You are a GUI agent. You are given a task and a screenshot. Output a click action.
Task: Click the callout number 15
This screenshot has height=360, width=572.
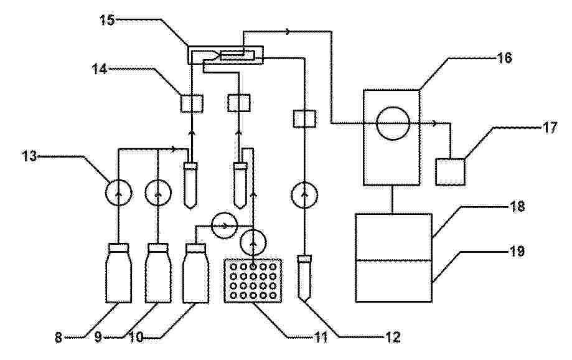(108, 20)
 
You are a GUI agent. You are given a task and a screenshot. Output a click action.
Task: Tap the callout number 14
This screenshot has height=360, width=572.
(99, 69)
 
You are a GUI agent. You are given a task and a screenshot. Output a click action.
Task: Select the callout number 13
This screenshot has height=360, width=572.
(29, 156)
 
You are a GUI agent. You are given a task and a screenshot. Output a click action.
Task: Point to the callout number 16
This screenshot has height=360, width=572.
(505, 58)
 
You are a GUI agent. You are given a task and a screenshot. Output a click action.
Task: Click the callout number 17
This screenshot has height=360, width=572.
(550, 128)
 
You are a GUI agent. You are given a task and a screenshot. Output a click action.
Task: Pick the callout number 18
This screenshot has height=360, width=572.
(517, 207)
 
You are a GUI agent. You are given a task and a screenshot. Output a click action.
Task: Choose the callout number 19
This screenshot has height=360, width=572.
(517, 252)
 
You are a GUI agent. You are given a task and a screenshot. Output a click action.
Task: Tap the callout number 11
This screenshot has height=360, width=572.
(321, 338)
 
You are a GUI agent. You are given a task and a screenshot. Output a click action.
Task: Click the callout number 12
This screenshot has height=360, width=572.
(393, 338)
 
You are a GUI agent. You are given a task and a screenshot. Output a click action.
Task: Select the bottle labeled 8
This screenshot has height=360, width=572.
(118, 273)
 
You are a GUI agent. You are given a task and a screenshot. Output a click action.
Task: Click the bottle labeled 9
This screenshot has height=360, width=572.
(158, 273)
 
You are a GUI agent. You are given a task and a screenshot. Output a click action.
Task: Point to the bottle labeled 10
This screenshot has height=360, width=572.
(196, 273)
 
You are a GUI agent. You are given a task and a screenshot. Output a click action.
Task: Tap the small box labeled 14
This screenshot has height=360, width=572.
(192, 103)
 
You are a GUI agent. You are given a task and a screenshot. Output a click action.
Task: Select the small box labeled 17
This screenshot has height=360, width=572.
(451, 172)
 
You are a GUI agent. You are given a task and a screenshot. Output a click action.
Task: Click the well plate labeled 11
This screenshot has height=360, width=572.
(253, 280)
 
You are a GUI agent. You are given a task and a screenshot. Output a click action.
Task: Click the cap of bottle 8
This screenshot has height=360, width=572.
(118, 247)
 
